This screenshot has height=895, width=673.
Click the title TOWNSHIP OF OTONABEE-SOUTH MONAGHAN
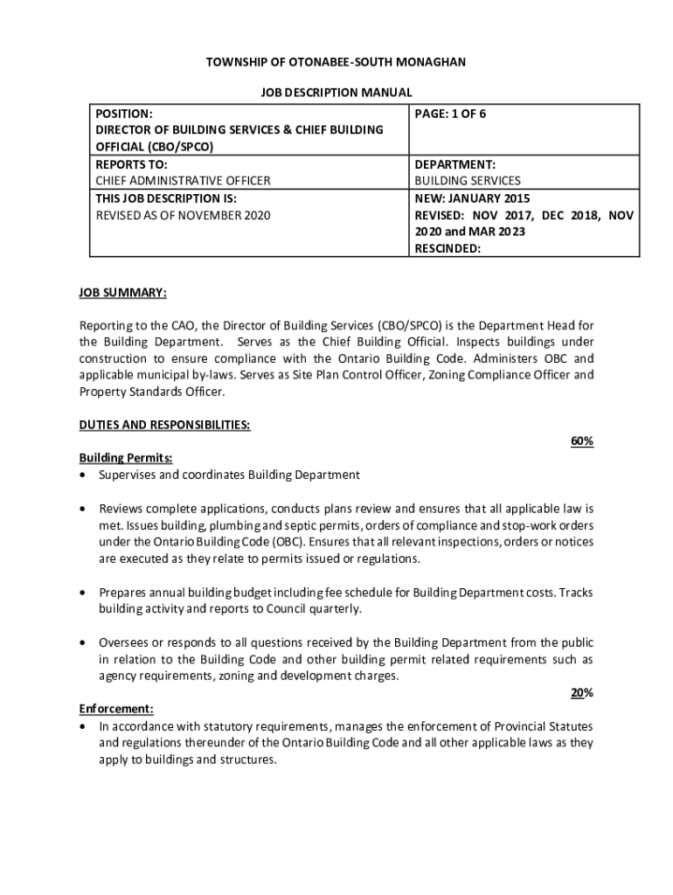point(336,62)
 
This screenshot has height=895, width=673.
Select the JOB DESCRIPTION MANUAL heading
point(336,92)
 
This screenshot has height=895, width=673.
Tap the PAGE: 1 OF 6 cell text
point(450,114)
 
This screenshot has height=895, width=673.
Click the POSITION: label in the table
point(124,114)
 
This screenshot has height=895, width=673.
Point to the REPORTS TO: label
point(131,164)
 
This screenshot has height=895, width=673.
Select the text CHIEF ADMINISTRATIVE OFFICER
point(183,181)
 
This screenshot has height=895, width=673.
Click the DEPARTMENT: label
point(455,164)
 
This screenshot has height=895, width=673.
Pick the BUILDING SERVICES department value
point(467,181)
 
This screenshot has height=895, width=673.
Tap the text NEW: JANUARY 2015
point(472,198)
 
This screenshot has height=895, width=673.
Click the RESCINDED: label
point(448,248)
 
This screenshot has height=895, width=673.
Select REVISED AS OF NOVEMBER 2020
point(183,215)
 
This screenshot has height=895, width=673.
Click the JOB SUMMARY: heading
point(122,292)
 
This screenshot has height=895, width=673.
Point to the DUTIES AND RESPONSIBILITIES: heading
point(165,425)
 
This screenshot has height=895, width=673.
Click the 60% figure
point(582,441)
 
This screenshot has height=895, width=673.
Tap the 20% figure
point(582,693)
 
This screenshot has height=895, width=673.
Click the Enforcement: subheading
point(116,710)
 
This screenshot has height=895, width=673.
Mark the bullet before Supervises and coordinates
point(83,475)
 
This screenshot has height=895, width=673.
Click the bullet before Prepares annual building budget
point(83,593)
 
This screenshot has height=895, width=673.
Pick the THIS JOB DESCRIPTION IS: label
point(165,198)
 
